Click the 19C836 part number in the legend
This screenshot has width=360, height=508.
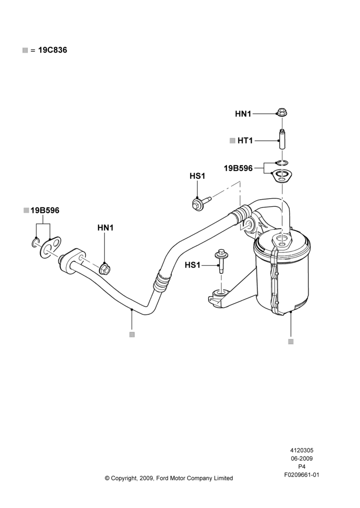pyautogui.click(x=52, y=50)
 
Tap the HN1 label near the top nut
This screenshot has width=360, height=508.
pyautogui.click(x=243, y=114)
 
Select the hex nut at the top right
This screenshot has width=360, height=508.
pyautogui.click(x=282, y=113)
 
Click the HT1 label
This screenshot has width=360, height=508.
pyautogui.click(x=245, y=141)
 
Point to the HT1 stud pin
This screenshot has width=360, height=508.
pyautogui.click(x=282, y=139)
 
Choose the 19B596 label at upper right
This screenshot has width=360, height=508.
pyautogui.click(x=238, y=169)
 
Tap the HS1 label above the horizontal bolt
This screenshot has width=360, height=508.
pyautogui.click(x=197, y=176)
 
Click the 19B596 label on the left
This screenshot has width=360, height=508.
pyautogui.click(x=45, y=211)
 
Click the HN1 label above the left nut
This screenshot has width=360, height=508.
pyautogui.click(x=105, y=228)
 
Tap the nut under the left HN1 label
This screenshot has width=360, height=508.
pyautogui.click(x=105, y=268)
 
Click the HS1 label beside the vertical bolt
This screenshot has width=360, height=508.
pyautogui.click(x=193, y=265)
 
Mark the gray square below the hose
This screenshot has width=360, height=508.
pyautogui.click(x=132, y=335)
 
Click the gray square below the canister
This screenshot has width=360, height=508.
pyautogui.click(x=291, y=341)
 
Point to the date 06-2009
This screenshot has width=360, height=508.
pyautogui.click(x=302, y=458)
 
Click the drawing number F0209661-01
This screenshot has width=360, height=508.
pyautogui.click(x=302, y=475)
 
